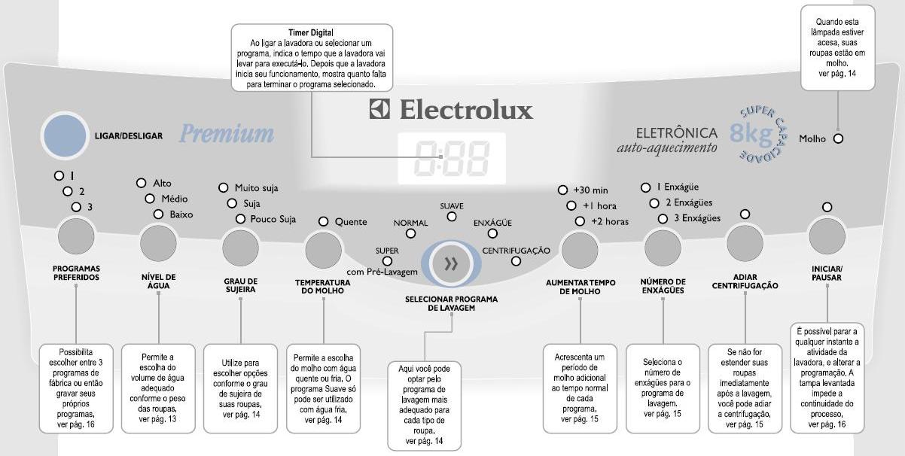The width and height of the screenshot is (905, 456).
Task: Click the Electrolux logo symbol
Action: coord(379,110)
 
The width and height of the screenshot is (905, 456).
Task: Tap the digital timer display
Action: coord(452,158)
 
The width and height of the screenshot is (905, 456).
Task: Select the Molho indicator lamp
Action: coord(838,138)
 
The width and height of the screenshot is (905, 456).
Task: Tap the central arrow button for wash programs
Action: coord(452,263)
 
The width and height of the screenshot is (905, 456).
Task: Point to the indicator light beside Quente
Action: coord(324,222)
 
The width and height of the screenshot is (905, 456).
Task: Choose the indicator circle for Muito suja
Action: coord(224,187)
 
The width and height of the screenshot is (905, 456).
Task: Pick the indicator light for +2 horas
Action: coord(580,221)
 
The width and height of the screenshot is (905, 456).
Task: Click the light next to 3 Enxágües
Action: coord(663,219)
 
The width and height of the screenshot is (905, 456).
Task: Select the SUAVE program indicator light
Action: coord(452,217)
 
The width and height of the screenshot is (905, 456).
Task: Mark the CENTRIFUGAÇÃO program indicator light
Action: coord(516,261)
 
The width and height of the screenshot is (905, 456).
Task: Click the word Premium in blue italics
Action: coord(226,134)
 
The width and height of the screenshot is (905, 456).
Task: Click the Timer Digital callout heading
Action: coord(310,32)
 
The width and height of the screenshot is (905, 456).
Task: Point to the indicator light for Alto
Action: coord(141,183)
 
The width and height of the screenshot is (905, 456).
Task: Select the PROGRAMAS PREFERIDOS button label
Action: coord(76,272)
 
